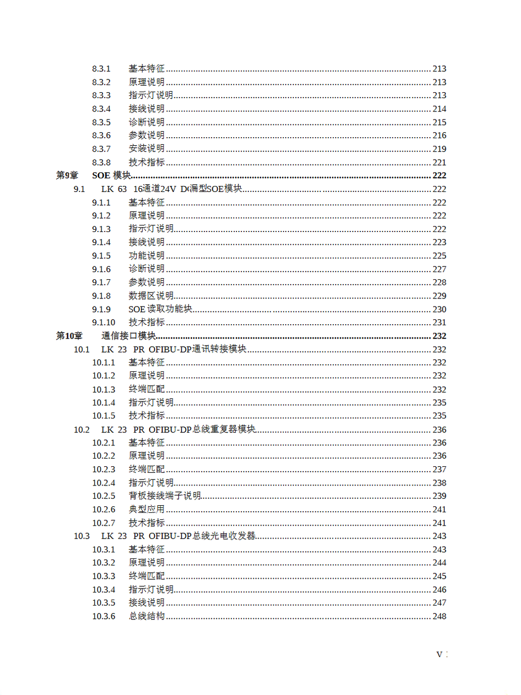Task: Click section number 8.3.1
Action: click(101, 69)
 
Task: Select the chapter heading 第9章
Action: click(67, 176)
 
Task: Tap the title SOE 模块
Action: click(111, 176)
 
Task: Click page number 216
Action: click(439, 135)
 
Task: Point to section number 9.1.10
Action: click(103, 323)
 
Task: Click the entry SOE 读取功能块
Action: click(160, 309)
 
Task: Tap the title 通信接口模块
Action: click(129, 336)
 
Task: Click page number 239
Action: click(439, 496)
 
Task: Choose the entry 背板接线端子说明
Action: click(165, 496)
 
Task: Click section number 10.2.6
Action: click(103, 510)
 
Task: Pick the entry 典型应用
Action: click(146, 510)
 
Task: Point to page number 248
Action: click(439, 617)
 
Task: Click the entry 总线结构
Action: click(146, 617)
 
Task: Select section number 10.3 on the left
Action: click(82, 536)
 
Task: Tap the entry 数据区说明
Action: click(151, 296)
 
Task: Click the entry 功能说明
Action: click(146, 256)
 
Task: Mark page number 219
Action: click(439, 149)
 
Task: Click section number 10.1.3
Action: click(103, 389)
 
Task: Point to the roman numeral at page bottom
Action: click(442, 654)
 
